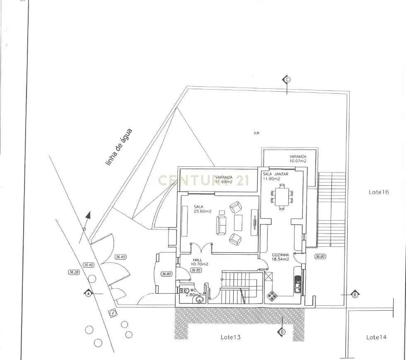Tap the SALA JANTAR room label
pos(275,176)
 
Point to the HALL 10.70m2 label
pos(199,262)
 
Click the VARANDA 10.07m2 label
pos(298,158)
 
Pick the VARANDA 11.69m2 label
pos(224,179)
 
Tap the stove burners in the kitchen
pos(273,296)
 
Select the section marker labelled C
pos(287,80)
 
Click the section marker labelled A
pos(88,294)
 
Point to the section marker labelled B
pos(355,294)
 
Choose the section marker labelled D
pos(282,331)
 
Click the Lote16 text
pos(379,192)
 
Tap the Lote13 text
pos(230,337)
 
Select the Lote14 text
pos(376,337)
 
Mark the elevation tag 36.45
pos(120,257)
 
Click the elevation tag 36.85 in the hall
pos(196,270)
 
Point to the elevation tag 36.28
pos(74,272)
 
